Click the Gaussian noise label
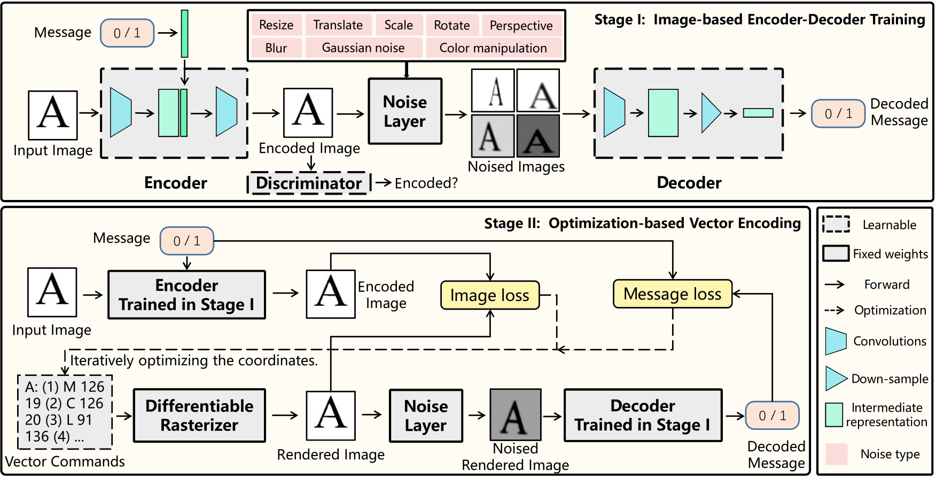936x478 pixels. click(x=363, y=48)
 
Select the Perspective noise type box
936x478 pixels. click(x=521, y=26)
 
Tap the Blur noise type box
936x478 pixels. click(x=276, y=48)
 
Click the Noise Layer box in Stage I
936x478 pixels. click(x=405, y=111)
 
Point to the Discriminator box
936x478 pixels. click(x=309, y=183)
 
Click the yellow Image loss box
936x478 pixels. click(x=489, y=295)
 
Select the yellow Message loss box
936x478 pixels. click(x=672, y=294)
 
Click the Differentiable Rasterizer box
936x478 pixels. click(x=199, y=415)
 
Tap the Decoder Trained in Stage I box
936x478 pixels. click(x=643, y=415)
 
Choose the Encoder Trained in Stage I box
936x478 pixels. click(x=186, y=295)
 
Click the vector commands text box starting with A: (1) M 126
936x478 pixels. click(x=65, y=412)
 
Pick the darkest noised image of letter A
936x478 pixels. click(x=538, y=135)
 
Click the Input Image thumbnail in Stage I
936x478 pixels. click(x=53, y=115)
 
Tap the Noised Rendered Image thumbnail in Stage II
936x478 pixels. click(x=516, y=414)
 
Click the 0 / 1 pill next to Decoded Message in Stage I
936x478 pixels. click(x=838, y=113)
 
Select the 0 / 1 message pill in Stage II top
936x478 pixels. click(x=186, y=241)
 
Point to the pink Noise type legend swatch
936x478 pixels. click(x=836, y=454)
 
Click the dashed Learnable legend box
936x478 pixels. click(x=836, y=224)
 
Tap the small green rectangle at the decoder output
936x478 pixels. click(x=758, y=113)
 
